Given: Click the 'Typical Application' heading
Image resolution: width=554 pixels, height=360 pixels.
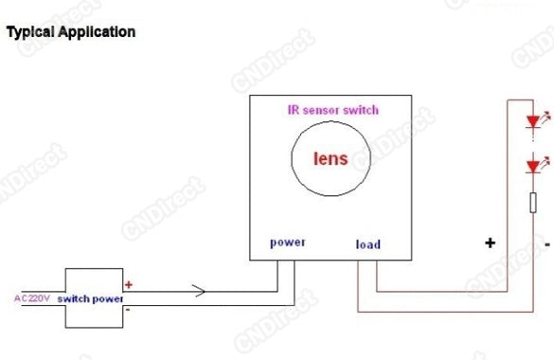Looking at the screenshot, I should [x=71, y=32].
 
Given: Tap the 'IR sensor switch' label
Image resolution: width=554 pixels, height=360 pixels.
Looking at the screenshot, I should [x=332, y=110].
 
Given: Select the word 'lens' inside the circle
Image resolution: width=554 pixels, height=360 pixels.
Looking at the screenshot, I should [x=331, y=158].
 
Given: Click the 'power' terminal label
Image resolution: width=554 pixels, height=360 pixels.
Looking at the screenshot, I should [x=288, y=242].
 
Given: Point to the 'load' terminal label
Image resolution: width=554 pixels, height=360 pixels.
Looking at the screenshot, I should [x=367, y=244].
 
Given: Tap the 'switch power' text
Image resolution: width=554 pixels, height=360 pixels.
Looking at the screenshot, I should [x=91, y=298].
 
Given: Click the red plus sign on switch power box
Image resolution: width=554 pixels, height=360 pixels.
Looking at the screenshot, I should [x=129, y=283].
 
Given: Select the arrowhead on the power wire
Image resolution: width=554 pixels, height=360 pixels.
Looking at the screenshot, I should [x=198, y=291].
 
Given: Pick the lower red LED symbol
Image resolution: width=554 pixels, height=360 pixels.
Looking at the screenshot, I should [x=532, y=167].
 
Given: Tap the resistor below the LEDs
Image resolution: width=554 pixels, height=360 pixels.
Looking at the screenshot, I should [x=532, y=205].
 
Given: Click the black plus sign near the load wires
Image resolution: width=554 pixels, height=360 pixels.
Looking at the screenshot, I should [x=490, y=243].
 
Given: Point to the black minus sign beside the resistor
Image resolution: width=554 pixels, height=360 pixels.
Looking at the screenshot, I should [x=547, y=243].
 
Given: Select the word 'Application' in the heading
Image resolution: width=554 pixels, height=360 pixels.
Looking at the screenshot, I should [x=95, y=32].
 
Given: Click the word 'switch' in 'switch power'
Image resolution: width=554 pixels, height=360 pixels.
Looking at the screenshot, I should [x=75, y=298].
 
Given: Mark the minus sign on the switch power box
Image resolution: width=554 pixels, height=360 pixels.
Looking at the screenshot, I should [x=129, y=309].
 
